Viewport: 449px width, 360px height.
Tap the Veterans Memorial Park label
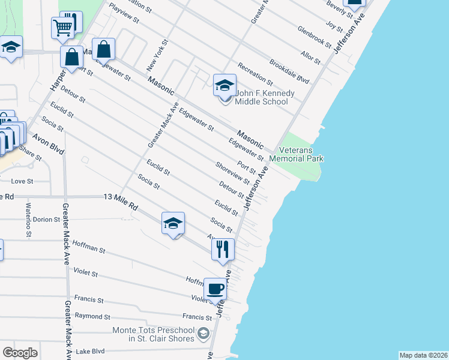[x=297, y=154]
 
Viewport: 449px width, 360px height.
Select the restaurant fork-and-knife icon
[x=223, y=248]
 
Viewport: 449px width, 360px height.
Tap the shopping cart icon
[x=62, y=27]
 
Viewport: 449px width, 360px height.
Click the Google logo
[x=20, y=353]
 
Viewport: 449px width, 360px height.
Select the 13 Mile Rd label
[x=121, y=202]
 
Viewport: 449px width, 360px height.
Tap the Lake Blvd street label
[x=91, y=352]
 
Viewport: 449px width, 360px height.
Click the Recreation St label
[x=255, y=74]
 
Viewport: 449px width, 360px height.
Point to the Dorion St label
[x=47, y=220]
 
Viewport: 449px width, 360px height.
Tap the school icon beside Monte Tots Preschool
[x=204, y=334]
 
